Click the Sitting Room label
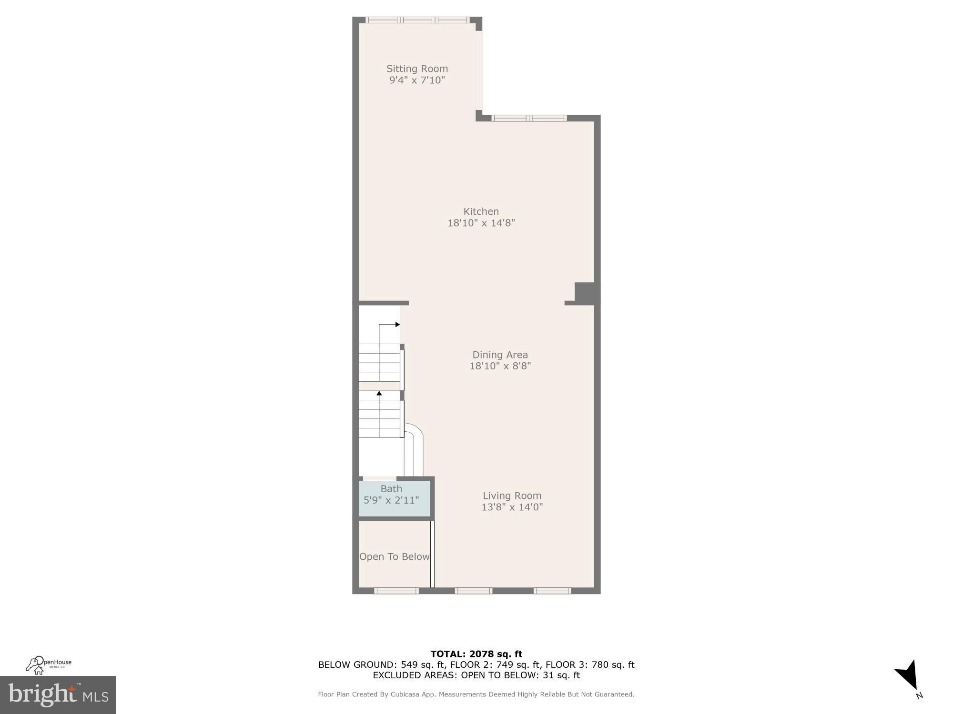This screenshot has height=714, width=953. tap(417, 69)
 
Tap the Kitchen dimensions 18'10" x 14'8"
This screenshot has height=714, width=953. tap(481, 223)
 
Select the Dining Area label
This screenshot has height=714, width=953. tap(500, 355)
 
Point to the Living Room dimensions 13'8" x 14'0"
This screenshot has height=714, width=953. tap(512, 507)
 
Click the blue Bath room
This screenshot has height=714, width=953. tap(394, 499)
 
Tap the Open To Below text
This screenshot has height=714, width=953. tap(394, 556)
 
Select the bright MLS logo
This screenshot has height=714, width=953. tap(58, 695)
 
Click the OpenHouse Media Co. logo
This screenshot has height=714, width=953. tap(48, 664)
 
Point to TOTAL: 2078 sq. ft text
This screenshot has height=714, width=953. tap(476, 654)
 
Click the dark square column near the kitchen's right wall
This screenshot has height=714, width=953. tap(585, 293)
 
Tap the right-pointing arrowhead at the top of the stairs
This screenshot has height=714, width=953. tap(397, 325)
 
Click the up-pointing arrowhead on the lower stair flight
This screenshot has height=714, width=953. tap(379, 393)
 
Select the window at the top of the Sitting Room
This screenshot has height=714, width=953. tap(417, 20)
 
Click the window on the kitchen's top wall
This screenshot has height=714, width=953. tap(529, 118)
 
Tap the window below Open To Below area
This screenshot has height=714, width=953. tap(396, 591)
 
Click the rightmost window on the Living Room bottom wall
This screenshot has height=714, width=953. tap(552, 591)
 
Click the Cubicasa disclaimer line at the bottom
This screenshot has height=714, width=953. tap(476, 694)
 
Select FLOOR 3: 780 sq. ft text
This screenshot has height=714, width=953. tap(590, 664)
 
